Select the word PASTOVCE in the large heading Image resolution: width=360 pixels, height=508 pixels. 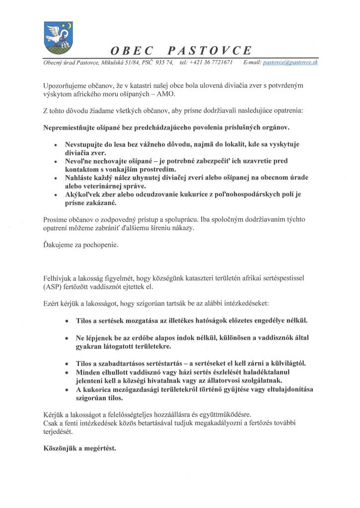tap(210, 51)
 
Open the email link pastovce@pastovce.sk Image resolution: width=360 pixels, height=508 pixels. tap(290, 63)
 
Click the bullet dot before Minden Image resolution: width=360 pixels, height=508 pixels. tap(67, 372)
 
